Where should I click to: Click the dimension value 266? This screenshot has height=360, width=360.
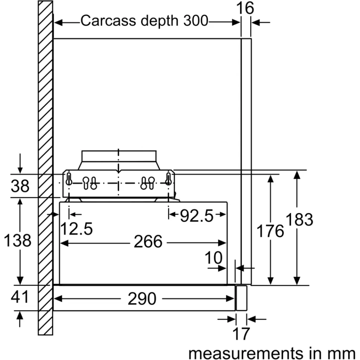pyautogui.click(x=148, y=242)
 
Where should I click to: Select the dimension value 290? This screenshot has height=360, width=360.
pyautogui.click(x=142, y=298)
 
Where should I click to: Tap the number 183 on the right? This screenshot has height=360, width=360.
pyautogui.click(x=300, y=219)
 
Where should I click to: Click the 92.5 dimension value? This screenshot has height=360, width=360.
pyautogui.click(x=197, y=216)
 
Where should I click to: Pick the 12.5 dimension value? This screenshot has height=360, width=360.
pyautogui.click(x=76, y=229)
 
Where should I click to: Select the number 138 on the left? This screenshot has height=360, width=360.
pyautogui.click(x=18, y=240)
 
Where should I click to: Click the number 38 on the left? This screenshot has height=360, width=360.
pyautogui.click(x=20, y=186)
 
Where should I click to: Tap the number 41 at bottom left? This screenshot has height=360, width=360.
pyautogui.click(x=20, y=297)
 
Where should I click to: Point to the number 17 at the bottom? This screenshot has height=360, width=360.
pyautogui.click(x=241, y=334)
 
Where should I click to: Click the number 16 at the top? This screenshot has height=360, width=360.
pyautogui.click(x=245, y=8)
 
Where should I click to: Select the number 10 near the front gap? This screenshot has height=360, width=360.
pyautogui.click(x=213, y=257)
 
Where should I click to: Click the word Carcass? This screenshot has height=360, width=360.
pyautogui.click(x=108, y=20)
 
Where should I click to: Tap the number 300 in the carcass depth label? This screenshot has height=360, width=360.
pyautogui.click(x=195, y=20)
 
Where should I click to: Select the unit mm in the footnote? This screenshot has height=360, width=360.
pyautogui.click(x=341, y=353)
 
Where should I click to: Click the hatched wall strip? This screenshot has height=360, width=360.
pyautogui.click(x=45, y=168)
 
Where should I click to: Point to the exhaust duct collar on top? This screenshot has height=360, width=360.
pyautogui.click(x=119, y=156)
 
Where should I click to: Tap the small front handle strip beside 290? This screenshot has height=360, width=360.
pyautogui.click(x=242, y=298)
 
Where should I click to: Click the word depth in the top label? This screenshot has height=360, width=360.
pyautogui.click(x=159, y=21)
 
